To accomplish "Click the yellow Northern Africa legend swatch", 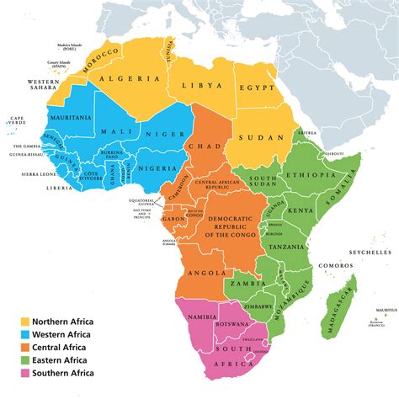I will (25, 322).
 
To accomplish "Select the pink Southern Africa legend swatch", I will (25, 372).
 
